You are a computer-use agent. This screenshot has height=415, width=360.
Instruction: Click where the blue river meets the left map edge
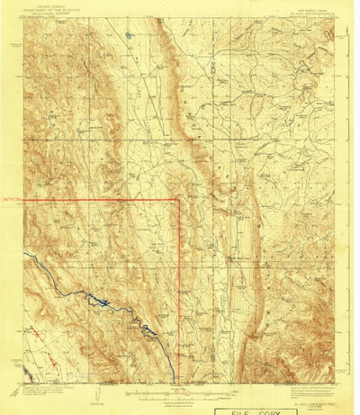tap(24, 255)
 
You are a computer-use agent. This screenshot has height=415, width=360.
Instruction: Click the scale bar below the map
tap(180, 393)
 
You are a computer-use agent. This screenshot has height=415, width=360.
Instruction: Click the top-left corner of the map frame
tap(24, 20)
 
